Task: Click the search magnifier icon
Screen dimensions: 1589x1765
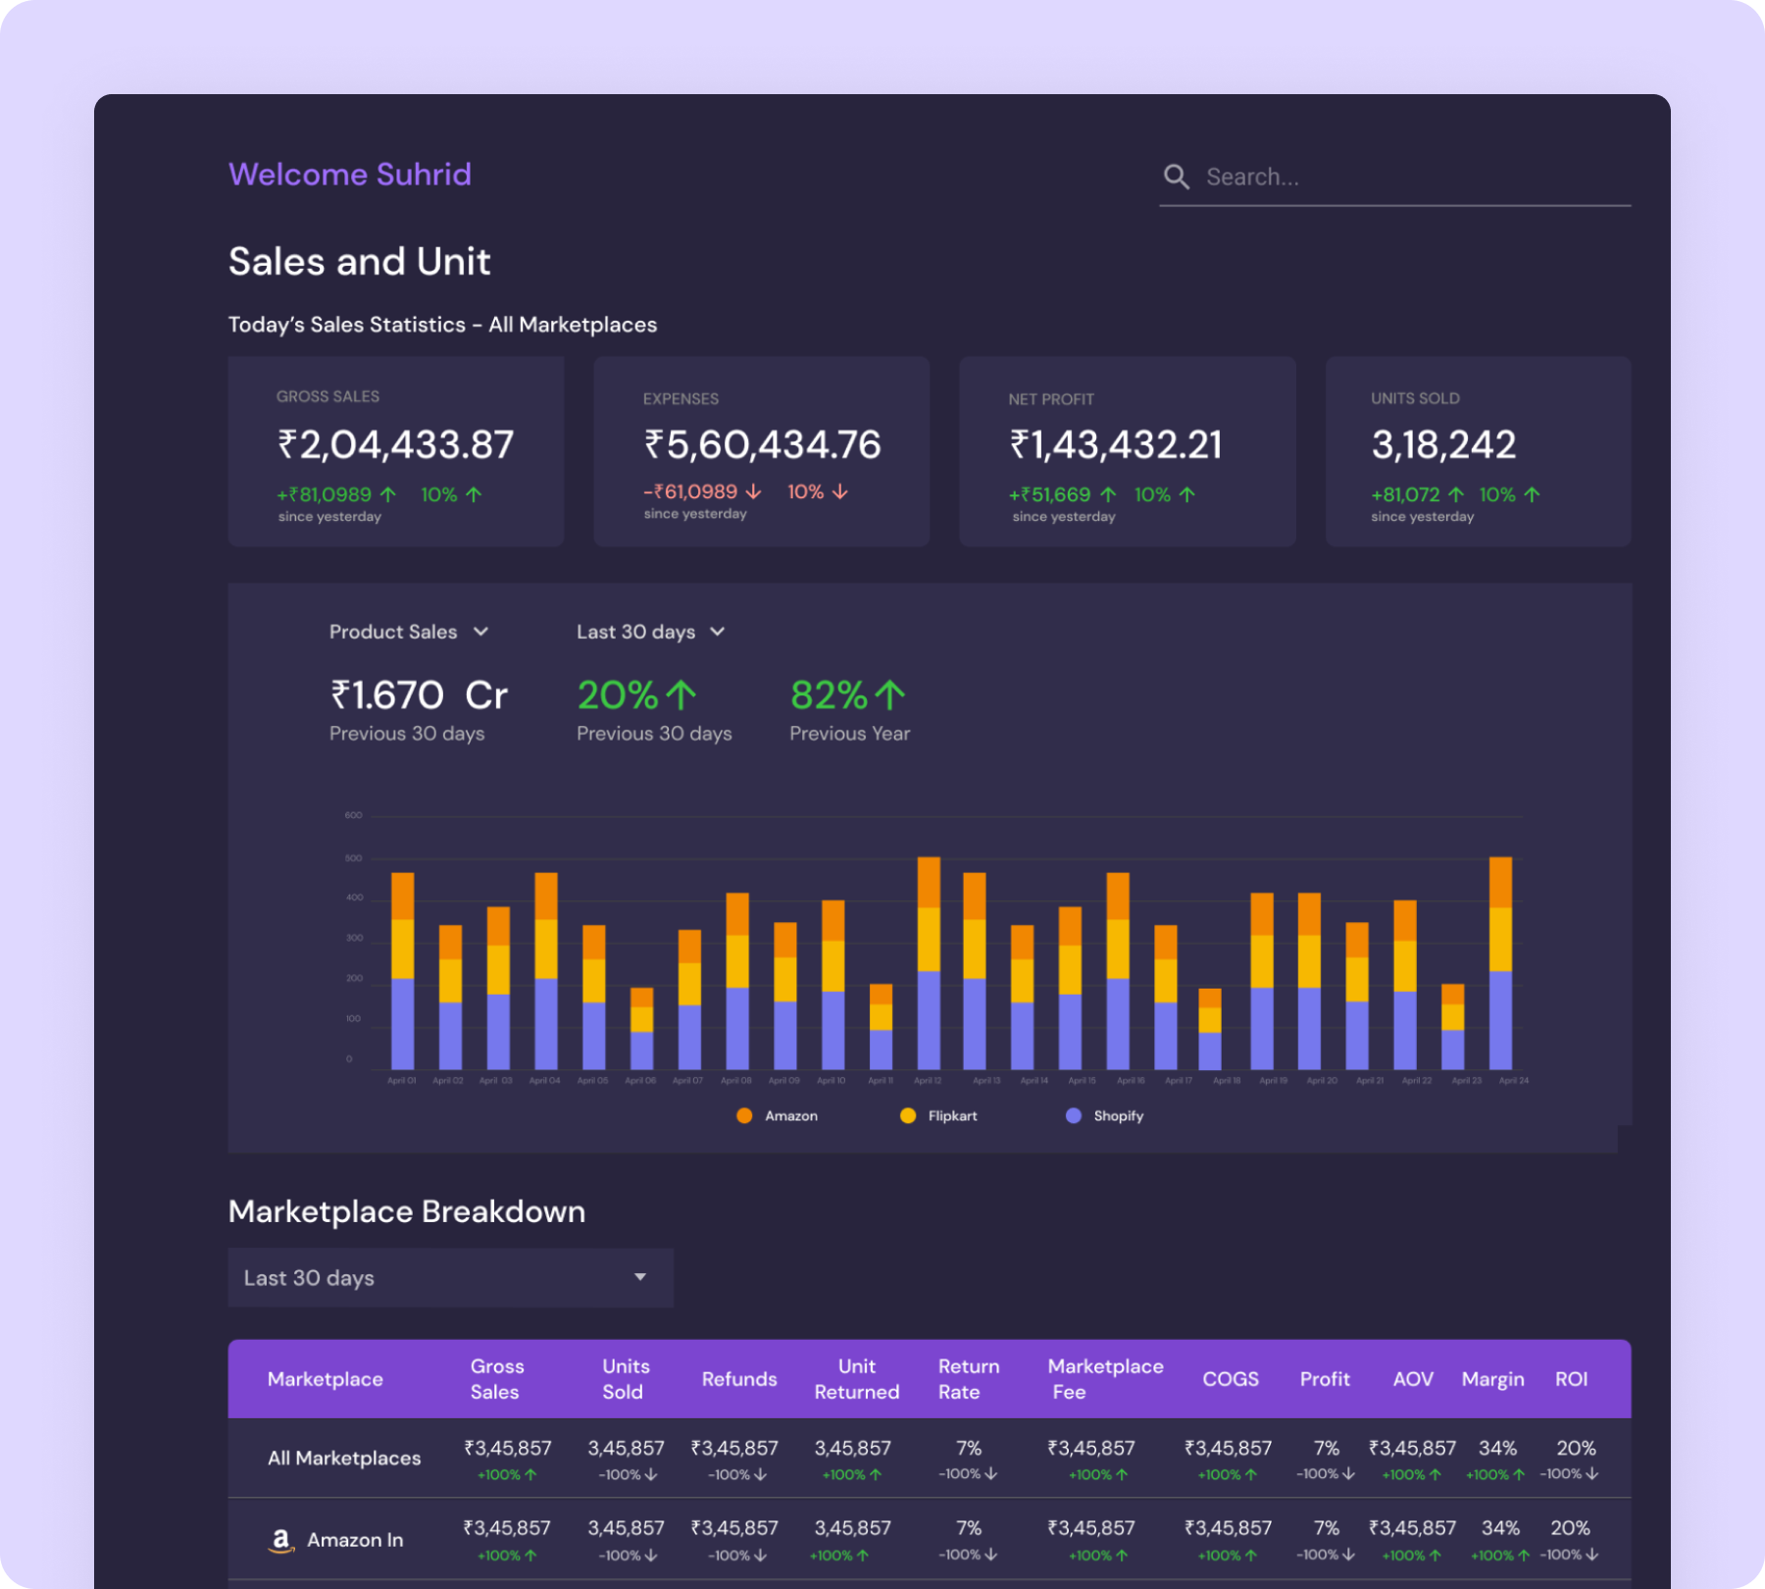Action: [1176, 177]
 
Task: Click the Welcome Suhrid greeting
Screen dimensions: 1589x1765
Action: [349, 175]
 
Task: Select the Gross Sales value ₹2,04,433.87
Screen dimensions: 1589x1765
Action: [395, 445]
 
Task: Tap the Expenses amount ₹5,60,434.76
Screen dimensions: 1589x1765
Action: [762, 445]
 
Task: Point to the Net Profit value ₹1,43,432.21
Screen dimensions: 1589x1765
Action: [1116, 445]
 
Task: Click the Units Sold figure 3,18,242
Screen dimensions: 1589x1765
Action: [1442, 445]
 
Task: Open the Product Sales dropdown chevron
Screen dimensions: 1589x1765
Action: [480, 632]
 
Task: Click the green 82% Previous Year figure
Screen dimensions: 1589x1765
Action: [847, 695]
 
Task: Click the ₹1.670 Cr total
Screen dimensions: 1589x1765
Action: [419, 695]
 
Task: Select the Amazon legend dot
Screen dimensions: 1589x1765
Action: [744, 1115]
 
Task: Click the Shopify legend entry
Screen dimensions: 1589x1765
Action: [1105, 1115]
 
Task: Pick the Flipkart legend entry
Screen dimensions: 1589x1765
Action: [938, 1115]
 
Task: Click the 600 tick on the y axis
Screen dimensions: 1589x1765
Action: [353, 815]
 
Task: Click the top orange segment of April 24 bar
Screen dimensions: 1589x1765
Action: [1500, 882]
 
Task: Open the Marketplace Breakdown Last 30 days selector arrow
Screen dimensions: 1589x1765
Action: [640, 1277]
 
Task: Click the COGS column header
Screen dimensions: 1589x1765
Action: [1230, 1379]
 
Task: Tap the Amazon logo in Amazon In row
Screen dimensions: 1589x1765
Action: [281, 1540]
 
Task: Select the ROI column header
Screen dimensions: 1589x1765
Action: [1571, 1379]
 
